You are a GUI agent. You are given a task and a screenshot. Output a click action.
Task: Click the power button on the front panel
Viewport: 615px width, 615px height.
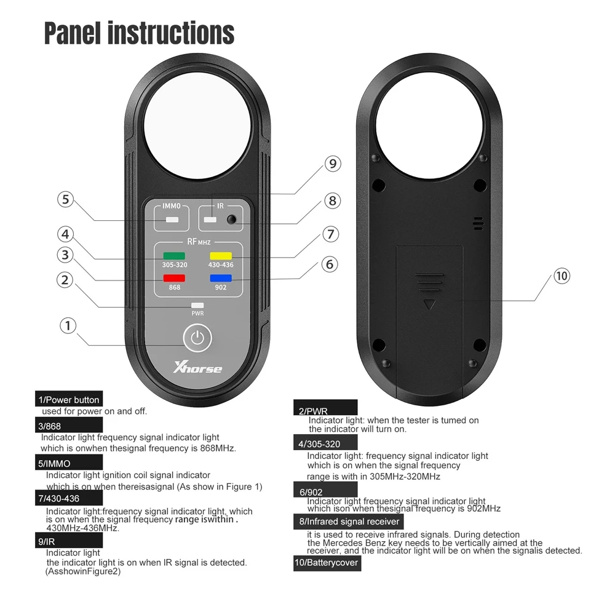click(197, 338)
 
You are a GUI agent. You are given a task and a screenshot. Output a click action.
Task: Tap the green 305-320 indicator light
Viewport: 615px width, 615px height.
click(174, 256)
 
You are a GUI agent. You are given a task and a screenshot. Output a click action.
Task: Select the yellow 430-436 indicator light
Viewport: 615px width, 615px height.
click(220, 256)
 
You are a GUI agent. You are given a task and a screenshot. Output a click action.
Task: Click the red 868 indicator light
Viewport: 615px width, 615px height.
click(174, 278)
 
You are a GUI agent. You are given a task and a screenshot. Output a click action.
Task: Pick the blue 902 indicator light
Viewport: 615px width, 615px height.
click(220, 278)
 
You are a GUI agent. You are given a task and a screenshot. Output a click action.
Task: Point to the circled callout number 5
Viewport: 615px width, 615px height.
click(66, 200)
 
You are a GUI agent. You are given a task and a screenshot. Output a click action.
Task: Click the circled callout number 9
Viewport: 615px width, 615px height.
click(333, 164)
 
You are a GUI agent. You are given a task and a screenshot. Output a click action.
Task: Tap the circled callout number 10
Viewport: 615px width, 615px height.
click(561, 276)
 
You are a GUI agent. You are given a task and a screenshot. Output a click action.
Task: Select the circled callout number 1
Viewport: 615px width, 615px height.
click(68, 325)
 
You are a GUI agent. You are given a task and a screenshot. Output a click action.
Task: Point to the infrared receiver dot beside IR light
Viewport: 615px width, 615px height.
click(231, 220)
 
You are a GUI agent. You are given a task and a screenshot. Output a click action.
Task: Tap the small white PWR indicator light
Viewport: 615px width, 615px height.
click(197, 305)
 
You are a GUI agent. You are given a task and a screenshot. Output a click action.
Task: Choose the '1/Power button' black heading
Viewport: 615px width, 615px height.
click(68, 400)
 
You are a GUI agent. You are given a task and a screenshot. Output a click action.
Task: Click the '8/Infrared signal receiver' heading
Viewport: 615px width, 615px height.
click(349, 522)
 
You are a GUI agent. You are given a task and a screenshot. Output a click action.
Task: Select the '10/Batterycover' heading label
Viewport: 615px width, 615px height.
click(327, 563)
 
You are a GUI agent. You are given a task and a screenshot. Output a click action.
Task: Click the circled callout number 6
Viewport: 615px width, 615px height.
click(330, 264)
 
